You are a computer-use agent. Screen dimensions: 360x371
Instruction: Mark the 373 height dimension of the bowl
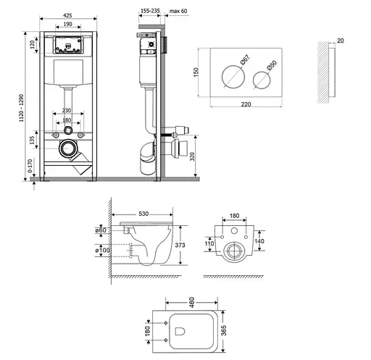click(180, 246)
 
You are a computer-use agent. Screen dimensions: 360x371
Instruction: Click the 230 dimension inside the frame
click(67, 110)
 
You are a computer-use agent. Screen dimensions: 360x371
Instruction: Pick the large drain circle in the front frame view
click(67, 150)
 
